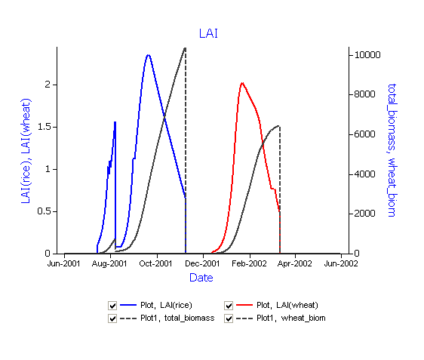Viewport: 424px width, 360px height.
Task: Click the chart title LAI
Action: tap(208, 33)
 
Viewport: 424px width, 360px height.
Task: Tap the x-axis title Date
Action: tap(201, 278)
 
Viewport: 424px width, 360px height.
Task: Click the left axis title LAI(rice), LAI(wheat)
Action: tap(26, 151)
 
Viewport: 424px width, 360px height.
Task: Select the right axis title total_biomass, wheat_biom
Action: tap(392, 150)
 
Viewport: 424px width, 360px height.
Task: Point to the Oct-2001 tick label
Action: tap(155, 263)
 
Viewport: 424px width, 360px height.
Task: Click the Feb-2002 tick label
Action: tap(249, 263)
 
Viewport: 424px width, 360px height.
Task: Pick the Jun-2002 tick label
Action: tap(341, 263)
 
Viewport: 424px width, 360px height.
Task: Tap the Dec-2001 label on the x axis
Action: tap(202, 263)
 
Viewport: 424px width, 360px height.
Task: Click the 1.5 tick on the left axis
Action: tap(45, 127)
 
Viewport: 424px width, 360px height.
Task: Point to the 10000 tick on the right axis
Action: tap(367, 55)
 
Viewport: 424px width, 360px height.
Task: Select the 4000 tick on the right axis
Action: tap(364, 174)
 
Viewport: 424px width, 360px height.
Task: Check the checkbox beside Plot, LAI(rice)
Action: tap(112, 306)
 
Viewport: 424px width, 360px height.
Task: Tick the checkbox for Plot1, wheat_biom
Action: tap(229, 318)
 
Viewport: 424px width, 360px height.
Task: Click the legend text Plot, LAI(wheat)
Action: tap(287, 305)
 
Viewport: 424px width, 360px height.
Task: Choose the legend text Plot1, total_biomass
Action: tap(177, 318)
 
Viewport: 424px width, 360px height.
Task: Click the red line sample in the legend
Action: tap(244, 305)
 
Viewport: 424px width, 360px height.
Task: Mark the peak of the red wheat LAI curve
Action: tap(242, 83)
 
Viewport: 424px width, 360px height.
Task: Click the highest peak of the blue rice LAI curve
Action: tap(148, 55)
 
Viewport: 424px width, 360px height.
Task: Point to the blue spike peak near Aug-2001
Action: tap(115, 122)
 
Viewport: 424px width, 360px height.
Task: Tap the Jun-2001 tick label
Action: tap(64, 263)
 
